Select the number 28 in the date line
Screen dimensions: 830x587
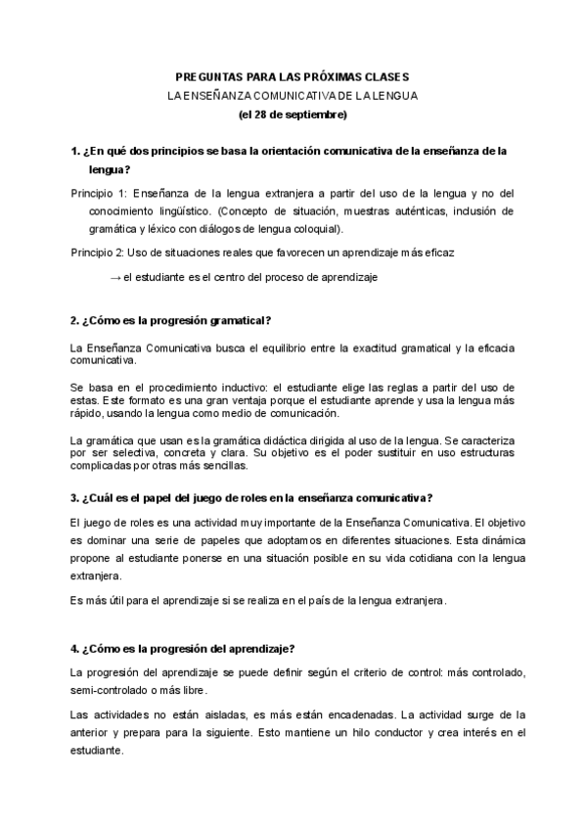pos(261,115)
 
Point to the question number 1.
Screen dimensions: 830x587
pos(75,152)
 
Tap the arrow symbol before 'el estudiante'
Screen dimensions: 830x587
pos(115,276)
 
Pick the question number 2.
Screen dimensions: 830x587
pos(75,321)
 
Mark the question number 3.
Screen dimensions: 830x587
pos(75,496)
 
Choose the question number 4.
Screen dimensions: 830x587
pos(75,647)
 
